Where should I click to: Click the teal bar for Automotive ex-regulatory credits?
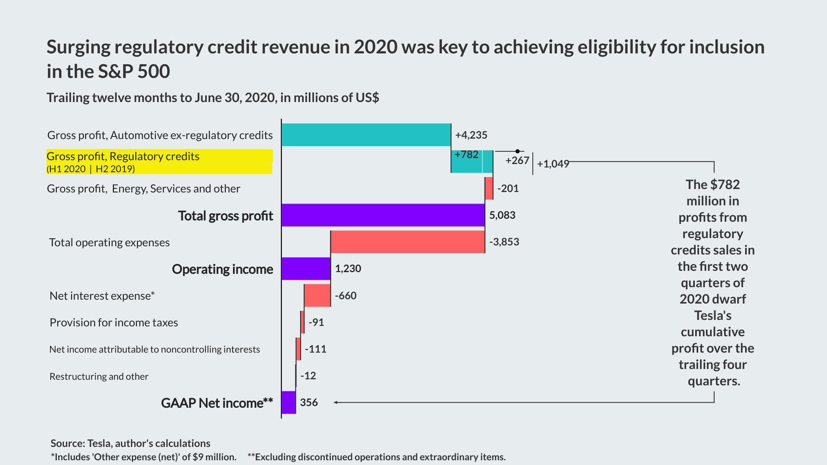[x=366, y=135]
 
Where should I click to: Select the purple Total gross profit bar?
[x=383, y=215]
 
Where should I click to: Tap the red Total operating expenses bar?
[x=407, y=242]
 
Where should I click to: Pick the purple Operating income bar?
[x=306, y=269]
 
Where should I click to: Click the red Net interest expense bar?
[x=317, y=295]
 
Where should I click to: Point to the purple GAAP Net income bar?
[x=289, y=402]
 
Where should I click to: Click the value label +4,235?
[x=471, y=135]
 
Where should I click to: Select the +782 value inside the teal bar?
[x=466, y=155]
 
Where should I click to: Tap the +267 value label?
[x=517, y=161]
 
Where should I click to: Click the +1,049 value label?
[x=553, y=164]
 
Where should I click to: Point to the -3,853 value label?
[x=504, y=242]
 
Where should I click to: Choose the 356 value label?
[x=309, y=403]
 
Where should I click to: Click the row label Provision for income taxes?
[x=114, y=322]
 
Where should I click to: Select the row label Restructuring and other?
[x=99, y=376]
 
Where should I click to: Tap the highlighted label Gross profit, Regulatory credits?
[x=123, y=156]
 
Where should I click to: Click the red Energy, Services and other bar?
[x=489, y=188]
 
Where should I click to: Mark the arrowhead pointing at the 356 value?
[x=336, y=403]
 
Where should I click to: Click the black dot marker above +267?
[x=517, y=151]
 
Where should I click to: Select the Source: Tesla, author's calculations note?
[x=131, y=443]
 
